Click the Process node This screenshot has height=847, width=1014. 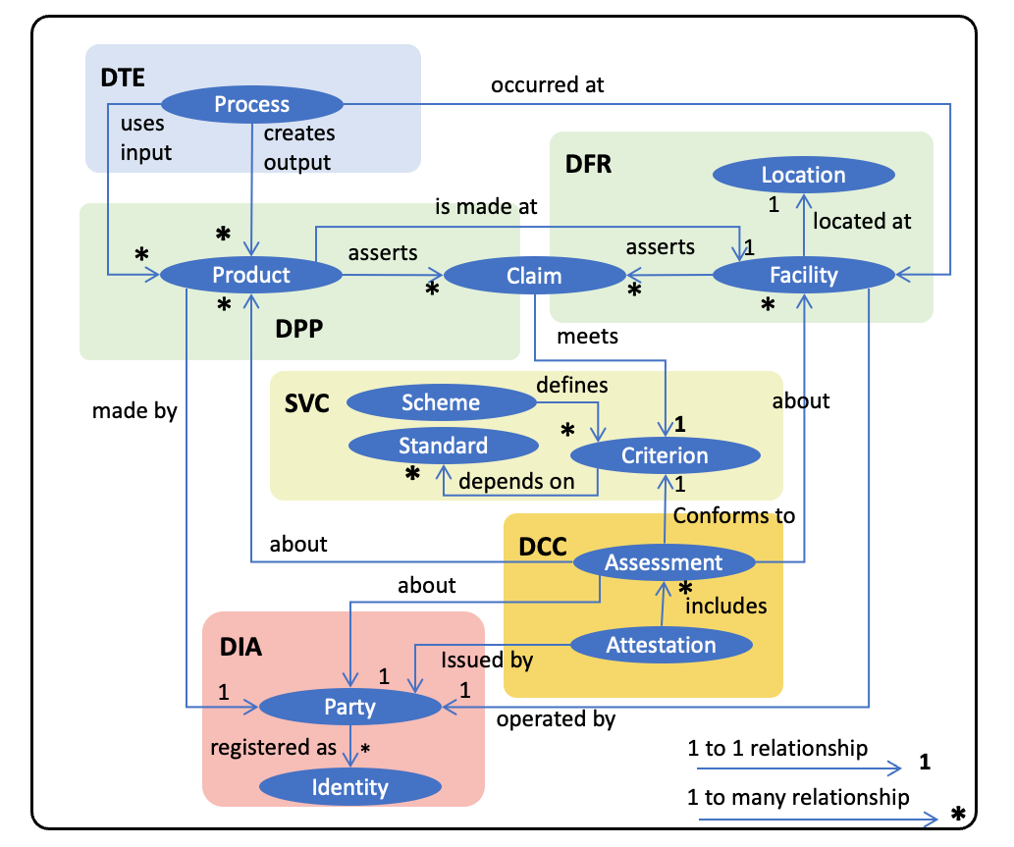click(x=251, y=104)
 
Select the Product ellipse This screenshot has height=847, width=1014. click(x=251, y=275)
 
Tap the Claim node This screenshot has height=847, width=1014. click(x=534, y=277)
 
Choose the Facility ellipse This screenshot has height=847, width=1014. click(x=803, y=275)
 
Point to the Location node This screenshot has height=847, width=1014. click(x=803, y=175)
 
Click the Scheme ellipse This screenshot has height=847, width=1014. click(x=441, y=402)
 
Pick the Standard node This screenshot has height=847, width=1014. click(x=443, y=446)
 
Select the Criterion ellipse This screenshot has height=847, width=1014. click(x=665, y=455)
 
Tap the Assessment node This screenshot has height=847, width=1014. click(x=664, y=562)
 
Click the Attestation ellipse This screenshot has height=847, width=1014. click(x=661, y=645)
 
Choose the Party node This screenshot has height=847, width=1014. click(x=349, y=706)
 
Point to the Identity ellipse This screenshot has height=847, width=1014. click(x=349, y=786)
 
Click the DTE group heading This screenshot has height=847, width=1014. click(x=123, y=78)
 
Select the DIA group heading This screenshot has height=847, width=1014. click(x=240, y=647)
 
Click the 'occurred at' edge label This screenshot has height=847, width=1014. click(x=547, y=84)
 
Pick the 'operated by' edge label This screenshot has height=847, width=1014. click(x=556, y=719)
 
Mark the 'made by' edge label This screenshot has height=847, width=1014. click(x=134, y=410)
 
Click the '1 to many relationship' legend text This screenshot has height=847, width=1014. click(x=798, y=797)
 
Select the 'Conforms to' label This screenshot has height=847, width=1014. click(x=733, y=515)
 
